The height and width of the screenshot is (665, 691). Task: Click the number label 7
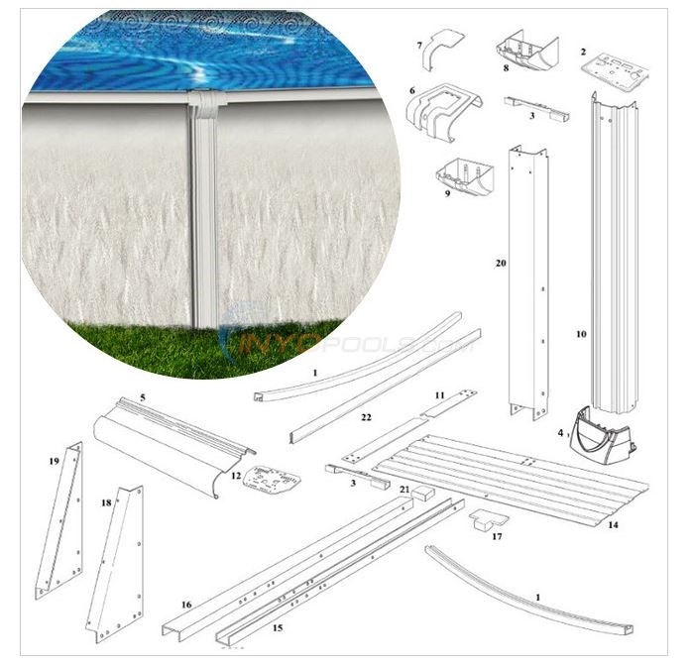(x=420, y=45)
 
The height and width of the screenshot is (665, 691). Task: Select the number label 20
(x=501, y=263)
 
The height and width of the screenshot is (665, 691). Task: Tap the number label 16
(x=185, y=604)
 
